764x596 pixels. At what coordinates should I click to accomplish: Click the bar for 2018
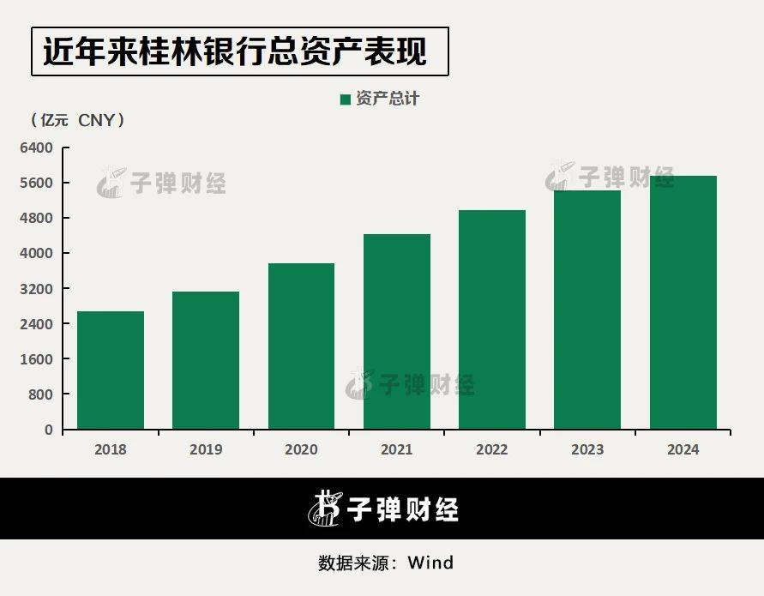(111, 370)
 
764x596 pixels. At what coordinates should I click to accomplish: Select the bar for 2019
(206, 360)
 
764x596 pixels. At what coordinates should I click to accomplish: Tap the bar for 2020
(301, 346)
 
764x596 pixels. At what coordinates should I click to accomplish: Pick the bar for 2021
(397, 331)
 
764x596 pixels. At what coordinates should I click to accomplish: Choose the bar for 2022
(492, 319)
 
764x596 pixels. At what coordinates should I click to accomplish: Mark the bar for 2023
(587, 310)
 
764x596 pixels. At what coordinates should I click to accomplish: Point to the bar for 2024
(683, 302)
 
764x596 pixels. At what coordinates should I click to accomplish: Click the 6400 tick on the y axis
(37, 147)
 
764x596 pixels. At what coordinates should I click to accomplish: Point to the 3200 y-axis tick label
(37, 289)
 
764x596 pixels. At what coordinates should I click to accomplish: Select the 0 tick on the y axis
(49, 430)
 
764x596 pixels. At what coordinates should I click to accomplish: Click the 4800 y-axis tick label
(37, 218)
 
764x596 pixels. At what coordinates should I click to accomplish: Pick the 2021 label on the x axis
(397, 449)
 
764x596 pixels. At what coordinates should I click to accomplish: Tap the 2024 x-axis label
(683, 449)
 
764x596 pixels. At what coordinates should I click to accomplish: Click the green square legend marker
(346, 99)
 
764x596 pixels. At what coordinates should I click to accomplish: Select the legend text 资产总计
(388, 99)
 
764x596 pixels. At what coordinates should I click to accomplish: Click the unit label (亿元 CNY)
(78, 121)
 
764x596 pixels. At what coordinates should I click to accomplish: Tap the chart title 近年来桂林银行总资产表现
(235, 51)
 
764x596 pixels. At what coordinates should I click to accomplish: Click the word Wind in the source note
(430, 563)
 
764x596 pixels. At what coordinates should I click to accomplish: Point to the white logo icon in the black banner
(323, 509)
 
